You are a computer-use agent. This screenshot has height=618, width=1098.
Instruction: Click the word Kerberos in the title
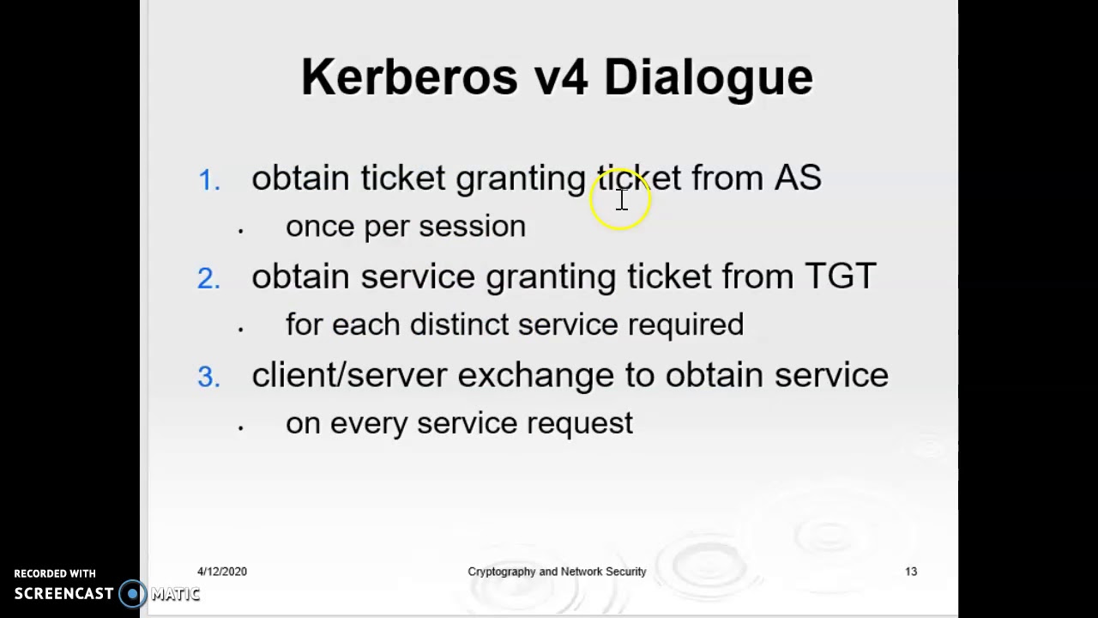(x=409, y=77)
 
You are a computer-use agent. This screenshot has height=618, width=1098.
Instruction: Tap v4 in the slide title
(x=561, y=77)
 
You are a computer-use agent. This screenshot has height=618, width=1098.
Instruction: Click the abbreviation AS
(x=798, y=178)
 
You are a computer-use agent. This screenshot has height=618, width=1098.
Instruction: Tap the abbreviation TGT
(x=840, y=276)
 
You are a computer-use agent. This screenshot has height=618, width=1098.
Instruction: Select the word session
(x=472, y=227)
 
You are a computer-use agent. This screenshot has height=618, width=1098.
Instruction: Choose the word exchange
(x=535, y=375)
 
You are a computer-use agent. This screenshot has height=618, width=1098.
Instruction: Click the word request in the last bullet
(x=580, y=424)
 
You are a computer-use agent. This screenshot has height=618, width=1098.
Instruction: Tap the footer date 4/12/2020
(x=222, y=572)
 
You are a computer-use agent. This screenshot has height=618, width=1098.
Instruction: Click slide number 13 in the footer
(x=911, y=572)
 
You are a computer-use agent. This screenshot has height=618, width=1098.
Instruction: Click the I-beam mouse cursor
(x=622, y=200)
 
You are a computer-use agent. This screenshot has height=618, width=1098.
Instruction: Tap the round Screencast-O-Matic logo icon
(x=132, y=593)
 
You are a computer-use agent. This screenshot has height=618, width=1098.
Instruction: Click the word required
(x=685, y=324)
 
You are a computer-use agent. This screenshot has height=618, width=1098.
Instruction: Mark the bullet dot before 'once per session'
(x=241, y=230)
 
